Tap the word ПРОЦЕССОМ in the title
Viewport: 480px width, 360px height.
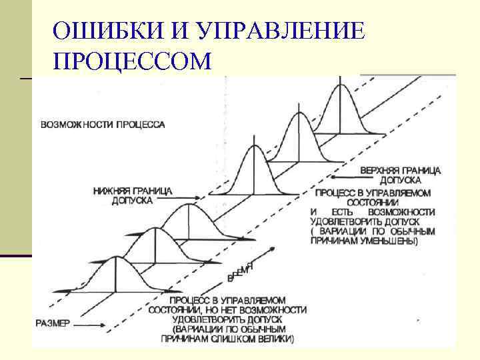click(133, 62)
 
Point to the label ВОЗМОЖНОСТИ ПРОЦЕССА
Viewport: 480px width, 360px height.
click(103, 125)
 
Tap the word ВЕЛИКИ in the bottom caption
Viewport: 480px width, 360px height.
click(274, 339)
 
